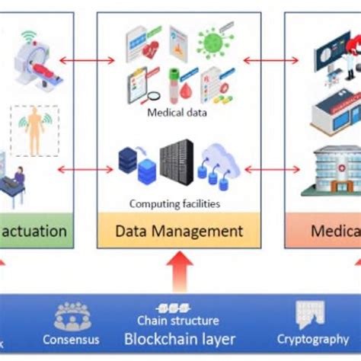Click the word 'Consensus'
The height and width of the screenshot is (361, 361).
pyautogui.click(x=71, y=340)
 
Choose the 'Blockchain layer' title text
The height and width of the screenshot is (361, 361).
pyautogui.click(x=180, y=339)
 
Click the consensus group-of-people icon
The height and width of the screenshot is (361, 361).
pyautogui.click(x=72, y=315)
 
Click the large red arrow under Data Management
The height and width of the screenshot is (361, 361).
pyautogui.click(x=180, y=272)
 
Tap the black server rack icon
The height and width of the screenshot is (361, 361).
pyautogui.click(x=176, y=161)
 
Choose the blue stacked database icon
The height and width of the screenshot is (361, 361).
pyautogui.click(x=137, y=165)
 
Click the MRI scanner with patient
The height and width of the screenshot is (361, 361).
pyautogui.click(x=37, y=62)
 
